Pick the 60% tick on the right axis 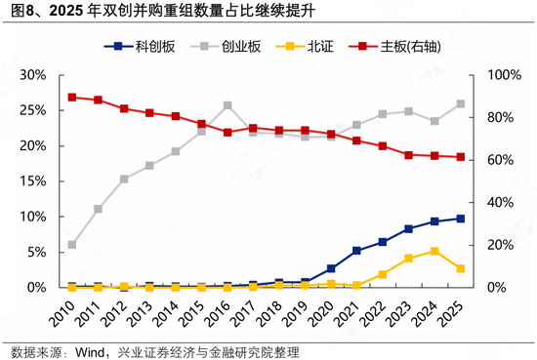pos(487,160)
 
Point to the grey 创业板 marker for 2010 pos(72,245)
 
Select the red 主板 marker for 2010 pos(72,98)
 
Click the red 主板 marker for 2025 pos(460,157)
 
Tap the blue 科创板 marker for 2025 pos(460,219)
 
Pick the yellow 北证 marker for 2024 pos(434,251)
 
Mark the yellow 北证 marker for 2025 pos(460,268)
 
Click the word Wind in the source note pos(92,351)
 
